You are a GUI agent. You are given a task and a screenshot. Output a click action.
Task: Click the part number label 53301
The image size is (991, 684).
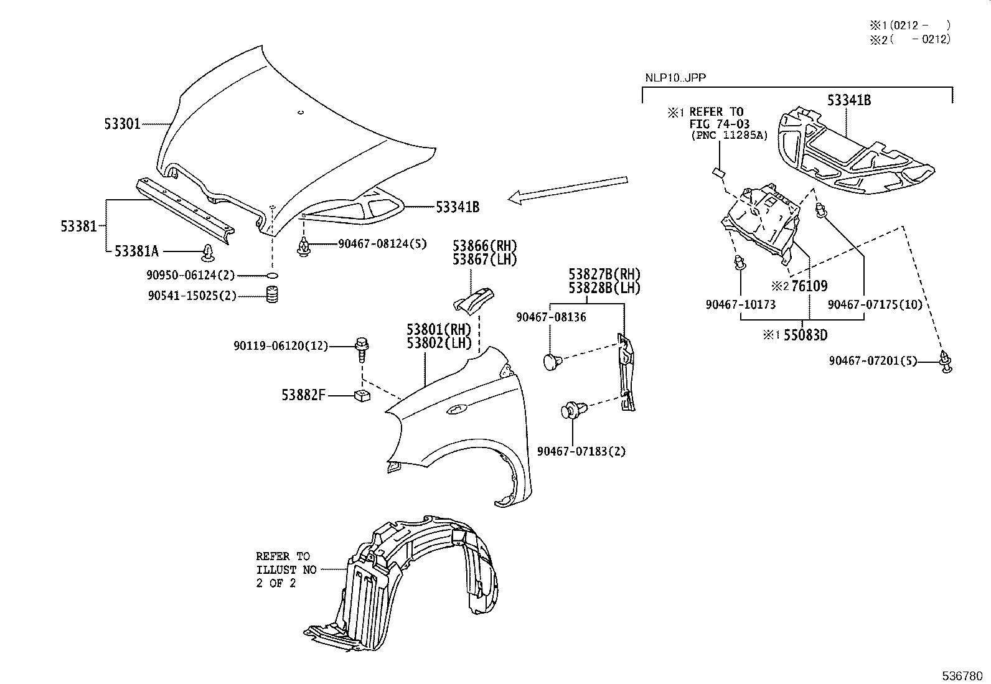[x=122, y=124]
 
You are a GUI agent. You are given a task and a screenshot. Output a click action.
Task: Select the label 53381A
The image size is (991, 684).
[x=136, y=251]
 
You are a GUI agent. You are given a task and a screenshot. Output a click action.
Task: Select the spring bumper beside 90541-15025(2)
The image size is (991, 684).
[x=271, y=295]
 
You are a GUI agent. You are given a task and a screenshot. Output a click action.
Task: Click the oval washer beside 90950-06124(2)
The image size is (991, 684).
[x=271, y=275]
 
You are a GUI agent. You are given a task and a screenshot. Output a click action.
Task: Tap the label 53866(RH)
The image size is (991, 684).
[x=484, y=246]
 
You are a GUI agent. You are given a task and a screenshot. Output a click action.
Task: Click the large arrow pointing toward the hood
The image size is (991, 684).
[x=566, y=189]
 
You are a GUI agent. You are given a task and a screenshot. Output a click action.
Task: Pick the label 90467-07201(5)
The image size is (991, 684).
[x=873, y=360]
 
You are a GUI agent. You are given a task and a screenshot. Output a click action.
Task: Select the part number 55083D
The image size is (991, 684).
[x=805, y=335]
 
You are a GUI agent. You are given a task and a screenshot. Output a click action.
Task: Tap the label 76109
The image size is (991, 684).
[x=809, y=286]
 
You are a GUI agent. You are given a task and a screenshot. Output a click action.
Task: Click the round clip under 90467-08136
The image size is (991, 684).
[x=552, y=360]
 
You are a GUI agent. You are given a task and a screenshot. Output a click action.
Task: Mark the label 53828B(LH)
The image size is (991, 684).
[x=604, y=288]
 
